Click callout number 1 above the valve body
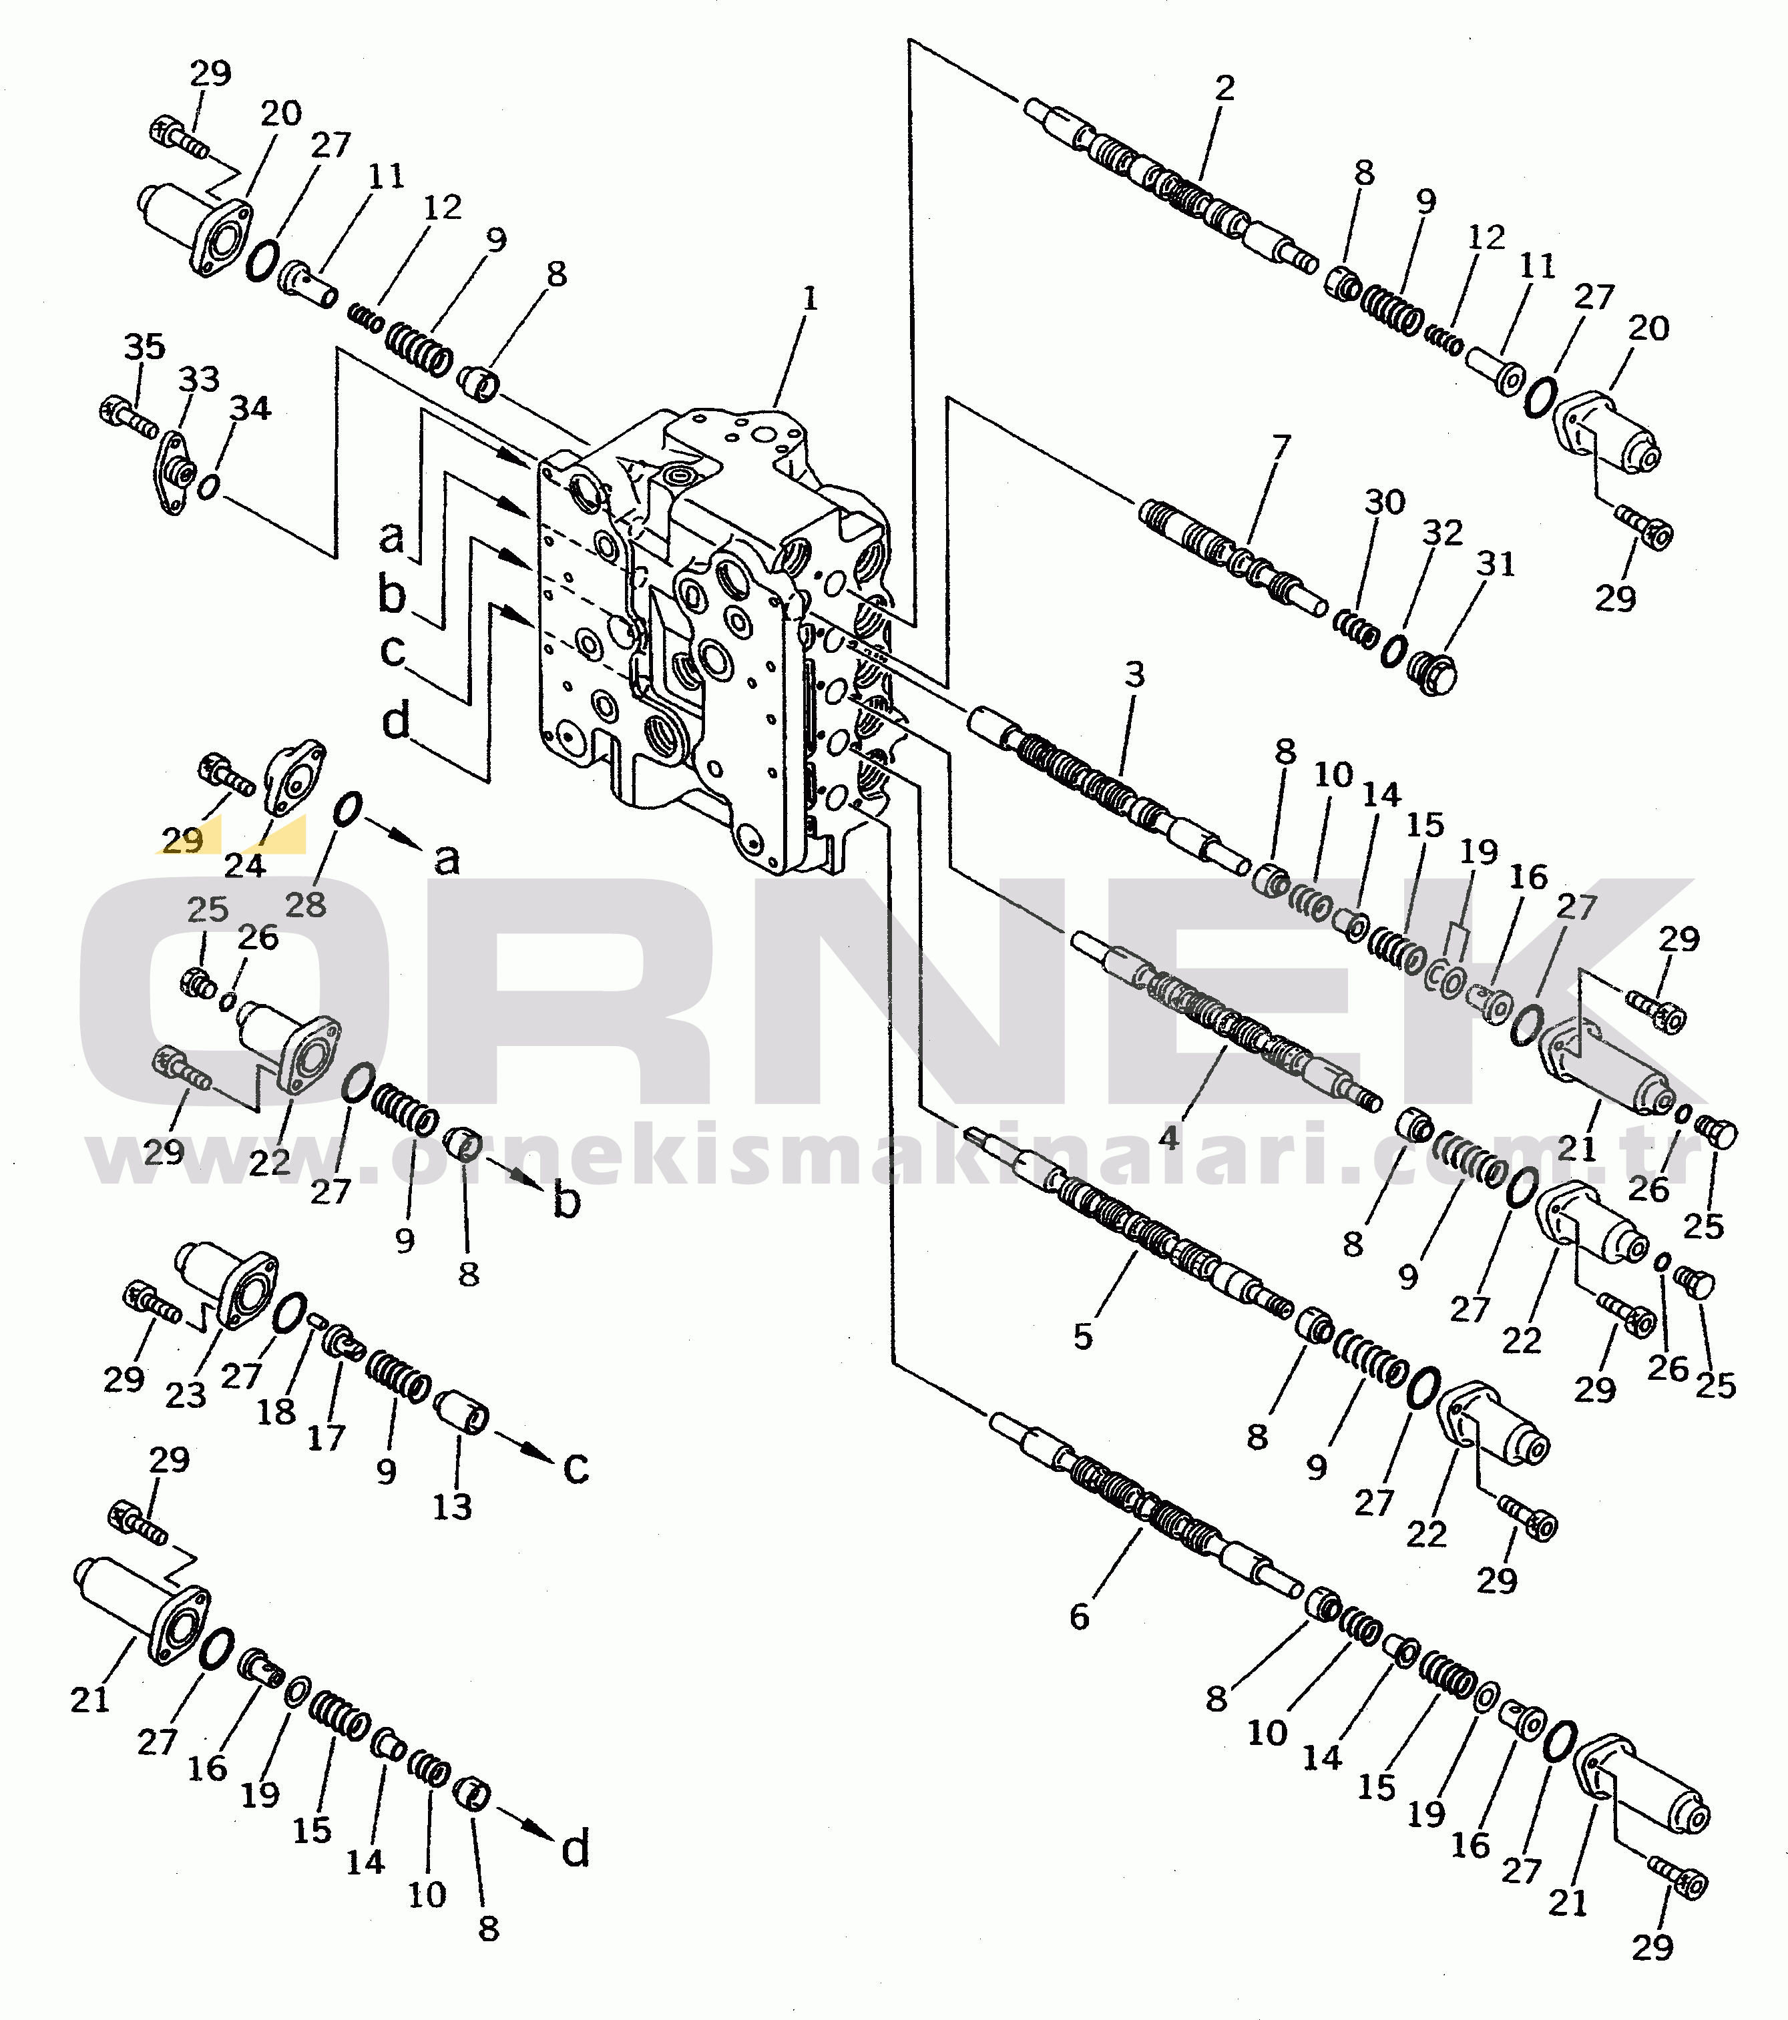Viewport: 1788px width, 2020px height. pos(811,298)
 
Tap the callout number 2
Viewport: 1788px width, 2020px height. pos(1224,89)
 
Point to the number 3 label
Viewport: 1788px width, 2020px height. pos(1134,675)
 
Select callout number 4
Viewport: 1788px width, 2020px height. pos(1169,1138)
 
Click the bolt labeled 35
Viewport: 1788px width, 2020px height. pos(128,415)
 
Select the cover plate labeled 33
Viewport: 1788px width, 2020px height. pos(174,473)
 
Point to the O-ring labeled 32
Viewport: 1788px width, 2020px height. pos(1393,650)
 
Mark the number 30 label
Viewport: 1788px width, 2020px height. pos(1385,502)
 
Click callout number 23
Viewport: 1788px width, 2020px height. pos(186,1395)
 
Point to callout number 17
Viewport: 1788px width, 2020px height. pos(326,1437)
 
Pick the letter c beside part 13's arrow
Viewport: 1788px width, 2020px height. pos(576,1469)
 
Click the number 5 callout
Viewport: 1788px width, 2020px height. pos(1083,1337)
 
